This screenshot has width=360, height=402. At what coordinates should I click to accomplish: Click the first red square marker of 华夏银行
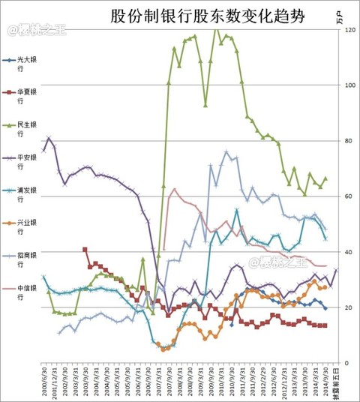[x=85, y=250]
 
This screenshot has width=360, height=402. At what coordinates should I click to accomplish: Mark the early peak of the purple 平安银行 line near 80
[x=49, y=138]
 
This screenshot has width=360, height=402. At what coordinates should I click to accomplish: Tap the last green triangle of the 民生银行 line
[x=325, y=178]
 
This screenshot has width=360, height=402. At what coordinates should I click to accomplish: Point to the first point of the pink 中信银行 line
[x=163, y=250]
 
